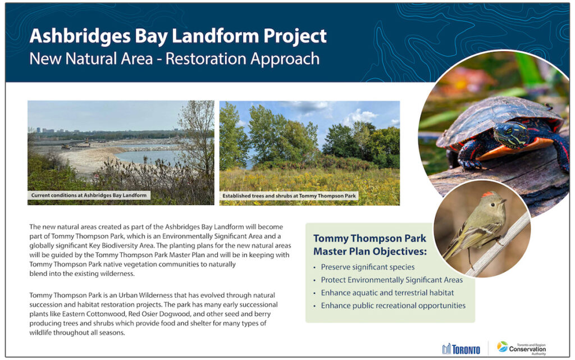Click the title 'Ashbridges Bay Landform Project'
(x=177, y=36)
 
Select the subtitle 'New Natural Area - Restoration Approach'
(x=174, y=59)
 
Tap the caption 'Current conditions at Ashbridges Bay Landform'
(x=89, y=195)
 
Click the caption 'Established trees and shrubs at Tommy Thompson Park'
(x=289, y=196)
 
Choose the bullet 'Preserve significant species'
(x=367, y=267)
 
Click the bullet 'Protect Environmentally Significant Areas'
(x=391, y=280)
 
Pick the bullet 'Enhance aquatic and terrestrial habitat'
(x=387, y=293)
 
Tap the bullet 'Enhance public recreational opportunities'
(x=393, y=306)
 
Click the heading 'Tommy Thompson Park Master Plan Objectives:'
(x=369, y=245)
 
